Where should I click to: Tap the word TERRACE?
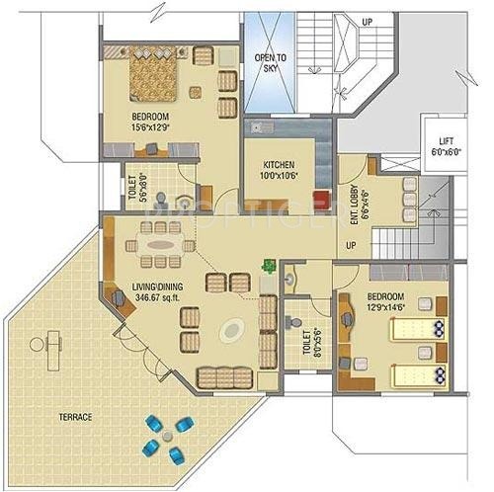click(73, 417)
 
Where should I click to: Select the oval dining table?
click(159, 240)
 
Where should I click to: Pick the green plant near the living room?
click(268, 265)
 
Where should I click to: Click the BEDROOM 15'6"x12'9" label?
click(153, 122)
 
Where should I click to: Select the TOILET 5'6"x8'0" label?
click(137, 188)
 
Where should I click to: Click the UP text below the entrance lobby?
click(351, 245)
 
